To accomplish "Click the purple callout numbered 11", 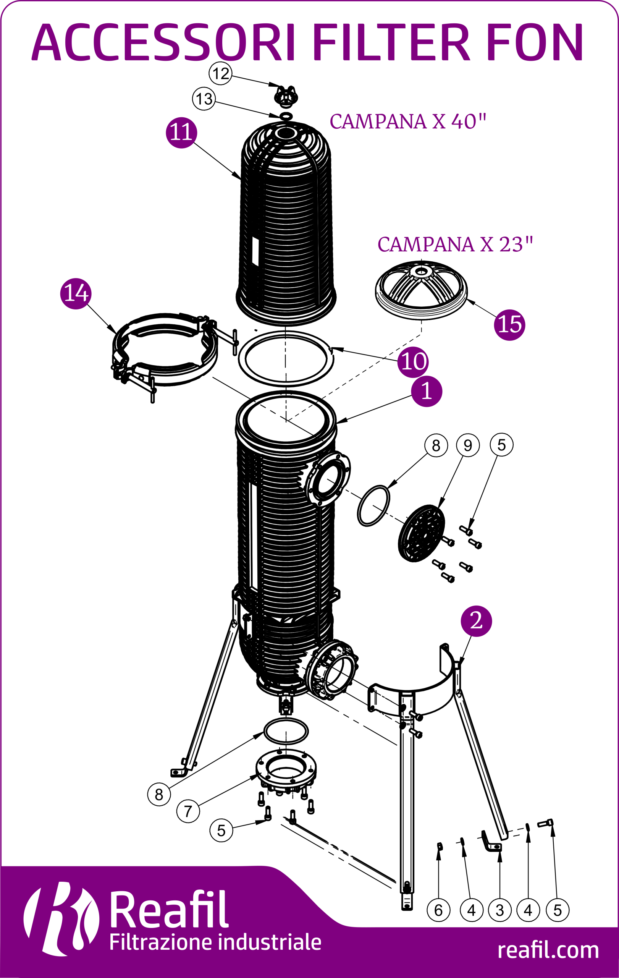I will [x=181, y=133].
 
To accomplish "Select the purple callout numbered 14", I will [x=76, y=294].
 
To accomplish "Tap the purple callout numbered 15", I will [x=509, y=324].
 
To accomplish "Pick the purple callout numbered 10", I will [x=413, y=361].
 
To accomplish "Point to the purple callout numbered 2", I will [x=476, y=621].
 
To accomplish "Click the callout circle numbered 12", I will [x=220, y=73].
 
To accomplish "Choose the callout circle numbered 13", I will [x=204, y=99].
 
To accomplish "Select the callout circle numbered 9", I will [x=468, y=445].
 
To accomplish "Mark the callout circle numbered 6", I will [x=438, y=910].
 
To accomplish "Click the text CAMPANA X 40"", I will [x=407, y=121].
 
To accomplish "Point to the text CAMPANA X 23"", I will [x=455, y=244].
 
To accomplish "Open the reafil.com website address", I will [x=548, y=951].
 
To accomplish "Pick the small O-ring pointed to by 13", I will [x=286, y=116].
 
